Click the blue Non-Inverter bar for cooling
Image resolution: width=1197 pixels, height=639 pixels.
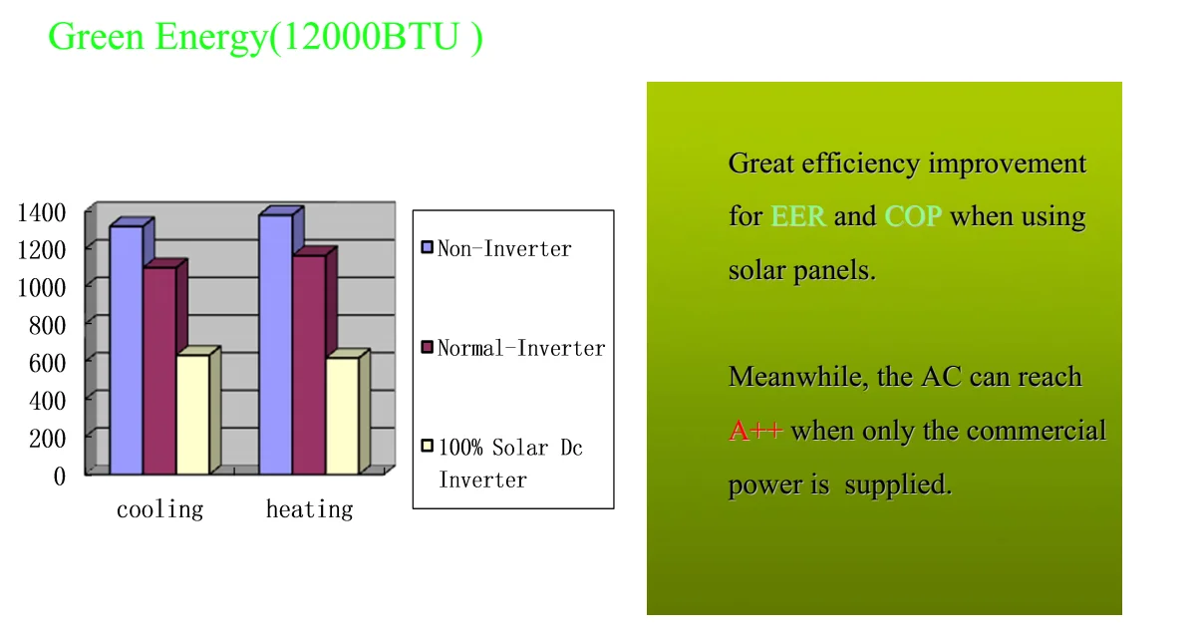(127, 350)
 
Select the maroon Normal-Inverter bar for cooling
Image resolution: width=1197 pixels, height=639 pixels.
(159, 371)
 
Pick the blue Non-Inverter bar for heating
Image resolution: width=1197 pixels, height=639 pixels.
(276, 345)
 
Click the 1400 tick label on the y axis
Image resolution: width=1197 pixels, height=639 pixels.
(42, 212)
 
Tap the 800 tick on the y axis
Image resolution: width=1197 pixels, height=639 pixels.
(48, 325)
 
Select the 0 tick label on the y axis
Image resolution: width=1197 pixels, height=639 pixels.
(60, 477)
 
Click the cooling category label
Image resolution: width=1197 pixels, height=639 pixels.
(159, 509)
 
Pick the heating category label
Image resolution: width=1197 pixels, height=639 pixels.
(309, 509)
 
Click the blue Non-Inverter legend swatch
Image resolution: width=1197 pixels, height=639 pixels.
(427, 247)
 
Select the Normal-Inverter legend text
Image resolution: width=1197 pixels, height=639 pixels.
(521, 348)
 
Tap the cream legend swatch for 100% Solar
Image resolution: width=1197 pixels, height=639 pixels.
(427, 446)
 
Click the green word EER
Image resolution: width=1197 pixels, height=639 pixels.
(797, 216)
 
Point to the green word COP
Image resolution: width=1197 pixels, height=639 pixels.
(913, 216)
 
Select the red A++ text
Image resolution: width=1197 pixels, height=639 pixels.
(755, 431)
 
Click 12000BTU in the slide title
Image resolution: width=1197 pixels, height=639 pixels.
(371, 37)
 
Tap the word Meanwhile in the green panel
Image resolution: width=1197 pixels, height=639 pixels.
(798, 377)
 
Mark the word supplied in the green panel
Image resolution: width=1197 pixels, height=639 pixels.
(898, 485)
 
